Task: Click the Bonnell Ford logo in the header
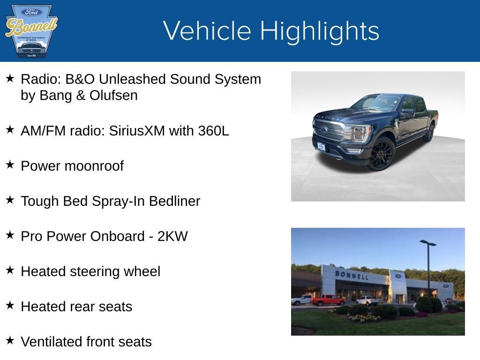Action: (x=31, y=31)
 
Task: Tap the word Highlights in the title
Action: (x=319, y=31)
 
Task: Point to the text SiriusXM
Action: (x=137, y=131)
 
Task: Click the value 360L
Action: (x=213, y=131)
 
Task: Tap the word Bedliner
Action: (x=174, y=201)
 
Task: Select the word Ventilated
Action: (x=52, y=342)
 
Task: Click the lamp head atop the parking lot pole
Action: (x=427, y=243)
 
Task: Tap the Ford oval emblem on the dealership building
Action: (x=398, y=276)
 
